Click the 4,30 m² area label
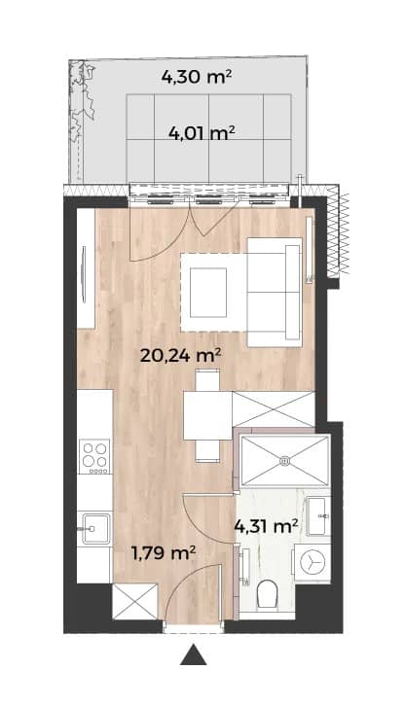pyautogui.click(x=197, y=78)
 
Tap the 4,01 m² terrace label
pyautogui.click(x=202, y=133)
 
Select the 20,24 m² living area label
pyautogui.click(x=180, y=356)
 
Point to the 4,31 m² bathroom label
pyautogui.click(x=267, y=525)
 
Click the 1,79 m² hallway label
pyautogui.click(x=164, y=552)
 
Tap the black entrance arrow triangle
pyautogui.click(x=194, y=654)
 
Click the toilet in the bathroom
pyautogui.click(x=266, y=594)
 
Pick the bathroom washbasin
pyautogui.click(x=318, y=516)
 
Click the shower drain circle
pyautogui.click(x=284, y=461)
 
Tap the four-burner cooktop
pyautogui.click(x=94, y=456)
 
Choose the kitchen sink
pyautogui.click(x=93, y=529)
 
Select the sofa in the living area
pyautogui.click(x=275, y=292)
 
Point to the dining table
pyautogui.click(x=207, y=415)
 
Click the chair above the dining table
pyautogui.click(x=207, y=380)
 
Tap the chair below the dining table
pyautogui.click(x=207, y=451)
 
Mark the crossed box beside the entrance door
pyautogui.click(x=135, y=601)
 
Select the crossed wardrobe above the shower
pyautogui.click(x=274, y=409)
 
